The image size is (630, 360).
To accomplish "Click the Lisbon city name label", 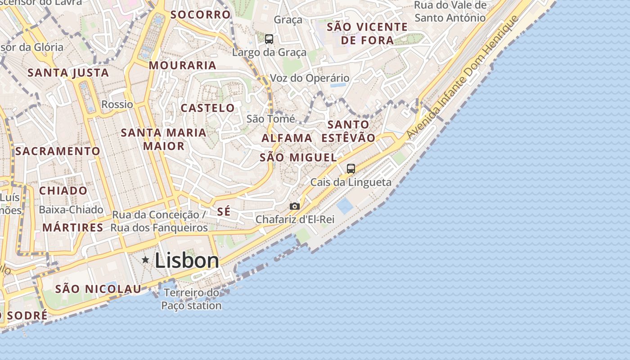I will tap(187, 261).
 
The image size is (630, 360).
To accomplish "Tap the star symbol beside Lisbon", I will tap(145, 260).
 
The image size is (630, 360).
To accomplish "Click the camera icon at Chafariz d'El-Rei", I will tap(295, 206).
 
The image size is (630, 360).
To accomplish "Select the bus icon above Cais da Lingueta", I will tap(351, 169).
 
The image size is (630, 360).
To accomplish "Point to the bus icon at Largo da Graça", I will tap(269, 39).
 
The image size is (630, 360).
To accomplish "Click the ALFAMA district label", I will tap(287, 138).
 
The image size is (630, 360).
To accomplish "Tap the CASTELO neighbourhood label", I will tap(207, 108).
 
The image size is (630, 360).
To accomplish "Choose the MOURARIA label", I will tap(182, 65).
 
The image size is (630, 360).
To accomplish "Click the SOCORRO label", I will tap(200, 14).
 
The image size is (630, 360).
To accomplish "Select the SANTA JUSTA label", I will tap(68, 73).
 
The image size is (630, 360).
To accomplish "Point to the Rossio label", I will tap(117, 104).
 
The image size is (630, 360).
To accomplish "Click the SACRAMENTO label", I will tap(58, 151).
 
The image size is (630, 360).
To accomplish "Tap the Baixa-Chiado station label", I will tap(71, 210).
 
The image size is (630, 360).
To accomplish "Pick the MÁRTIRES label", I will tap(73, 228).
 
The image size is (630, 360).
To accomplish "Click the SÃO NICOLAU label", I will tap(98, 289).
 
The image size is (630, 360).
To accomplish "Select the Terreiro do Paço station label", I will tap(192, 299).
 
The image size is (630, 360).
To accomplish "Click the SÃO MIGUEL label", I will tap(298, 157).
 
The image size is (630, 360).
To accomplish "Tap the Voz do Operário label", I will tap(310, 78).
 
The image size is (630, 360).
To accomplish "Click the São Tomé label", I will tap(271, 119).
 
